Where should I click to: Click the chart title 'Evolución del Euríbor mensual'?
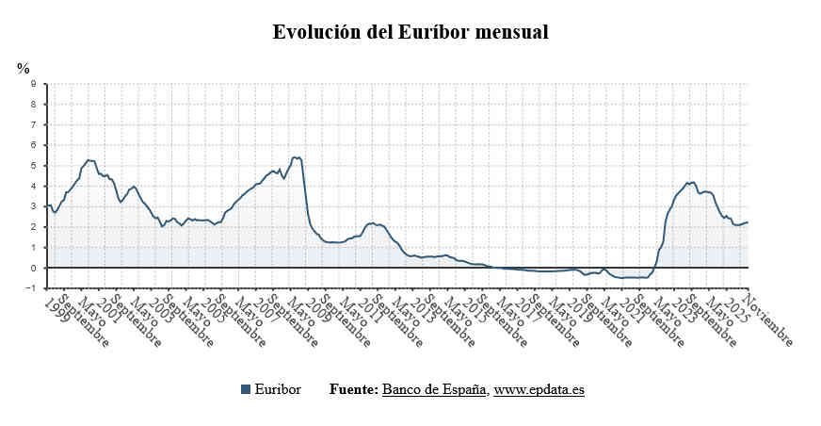click(x=410, y=32)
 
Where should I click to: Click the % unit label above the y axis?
click(x=24, y=68)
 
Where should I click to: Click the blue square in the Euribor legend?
click(x=246, y=389)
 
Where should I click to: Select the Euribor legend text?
click(x=278, y=389)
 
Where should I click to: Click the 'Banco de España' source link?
click(x=434, y=389)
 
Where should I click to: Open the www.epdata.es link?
click(x=539, y=389)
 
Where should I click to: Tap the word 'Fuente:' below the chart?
click(x=353, y=389)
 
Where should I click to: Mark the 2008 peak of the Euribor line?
click(x=295, y=157)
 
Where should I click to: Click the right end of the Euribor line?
click(x=748, y=222)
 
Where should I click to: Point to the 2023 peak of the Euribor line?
click(x=694, y=182)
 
